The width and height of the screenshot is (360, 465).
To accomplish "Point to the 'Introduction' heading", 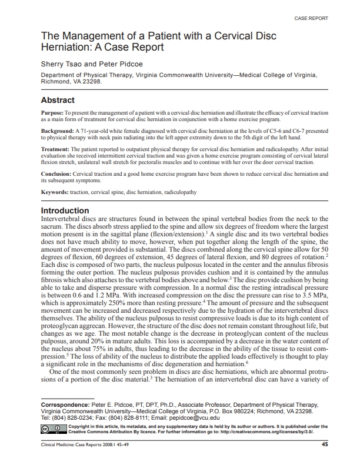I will click(64, 210).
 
